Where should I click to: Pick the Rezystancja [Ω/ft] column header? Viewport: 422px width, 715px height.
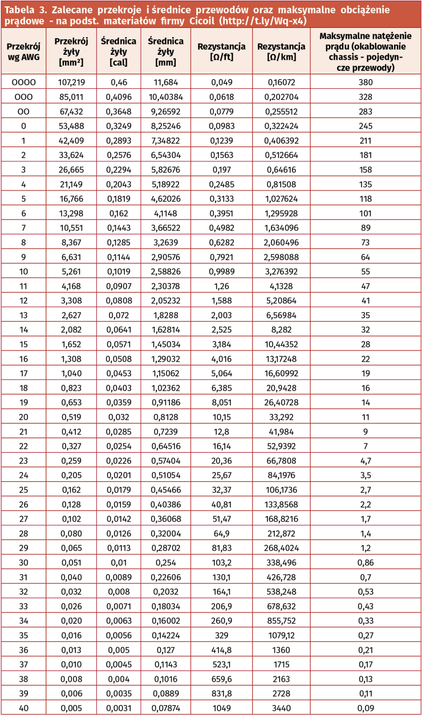(221, 51)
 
